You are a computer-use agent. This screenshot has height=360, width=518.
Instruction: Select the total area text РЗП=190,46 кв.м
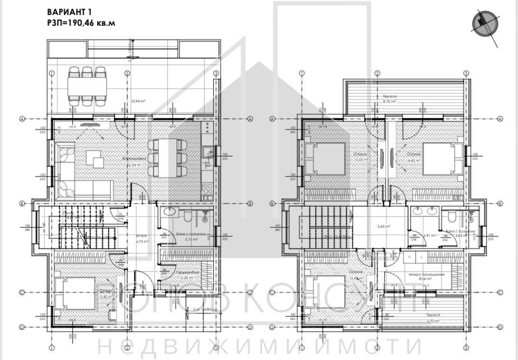coord(81,23)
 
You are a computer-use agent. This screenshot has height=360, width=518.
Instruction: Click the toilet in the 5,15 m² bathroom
coord(186,216)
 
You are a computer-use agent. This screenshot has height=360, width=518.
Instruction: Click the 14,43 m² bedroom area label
coord(415,160)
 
